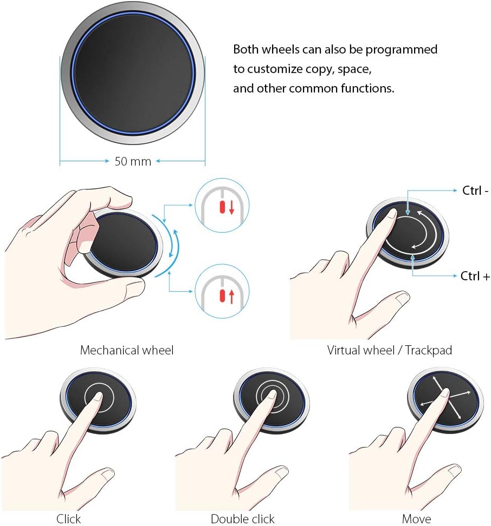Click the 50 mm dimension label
click(x=133, y=161)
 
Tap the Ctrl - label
click(x=475, y=190)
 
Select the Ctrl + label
click(x=475, y=276)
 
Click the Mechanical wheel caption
click(x=127, y=350)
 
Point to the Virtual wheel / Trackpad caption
click(x=389, y=350)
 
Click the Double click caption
click(x=242, y=518)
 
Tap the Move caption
click(x=416, y=518)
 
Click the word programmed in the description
click(x=402, y=50)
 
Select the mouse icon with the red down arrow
click(x=222, y=205)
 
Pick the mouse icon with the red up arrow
click(x=222, y=291)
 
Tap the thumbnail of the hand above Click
click(x=69, y=439)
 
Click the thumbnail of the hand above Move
click(x=416, y=439)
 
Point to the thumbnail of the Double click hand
click(x=242, y=439)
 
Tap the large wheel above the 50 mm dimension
click(x=133, y=74)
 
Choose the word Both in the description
click(x=246, y=49)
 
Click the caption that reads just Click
click(x=68, y=518)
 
